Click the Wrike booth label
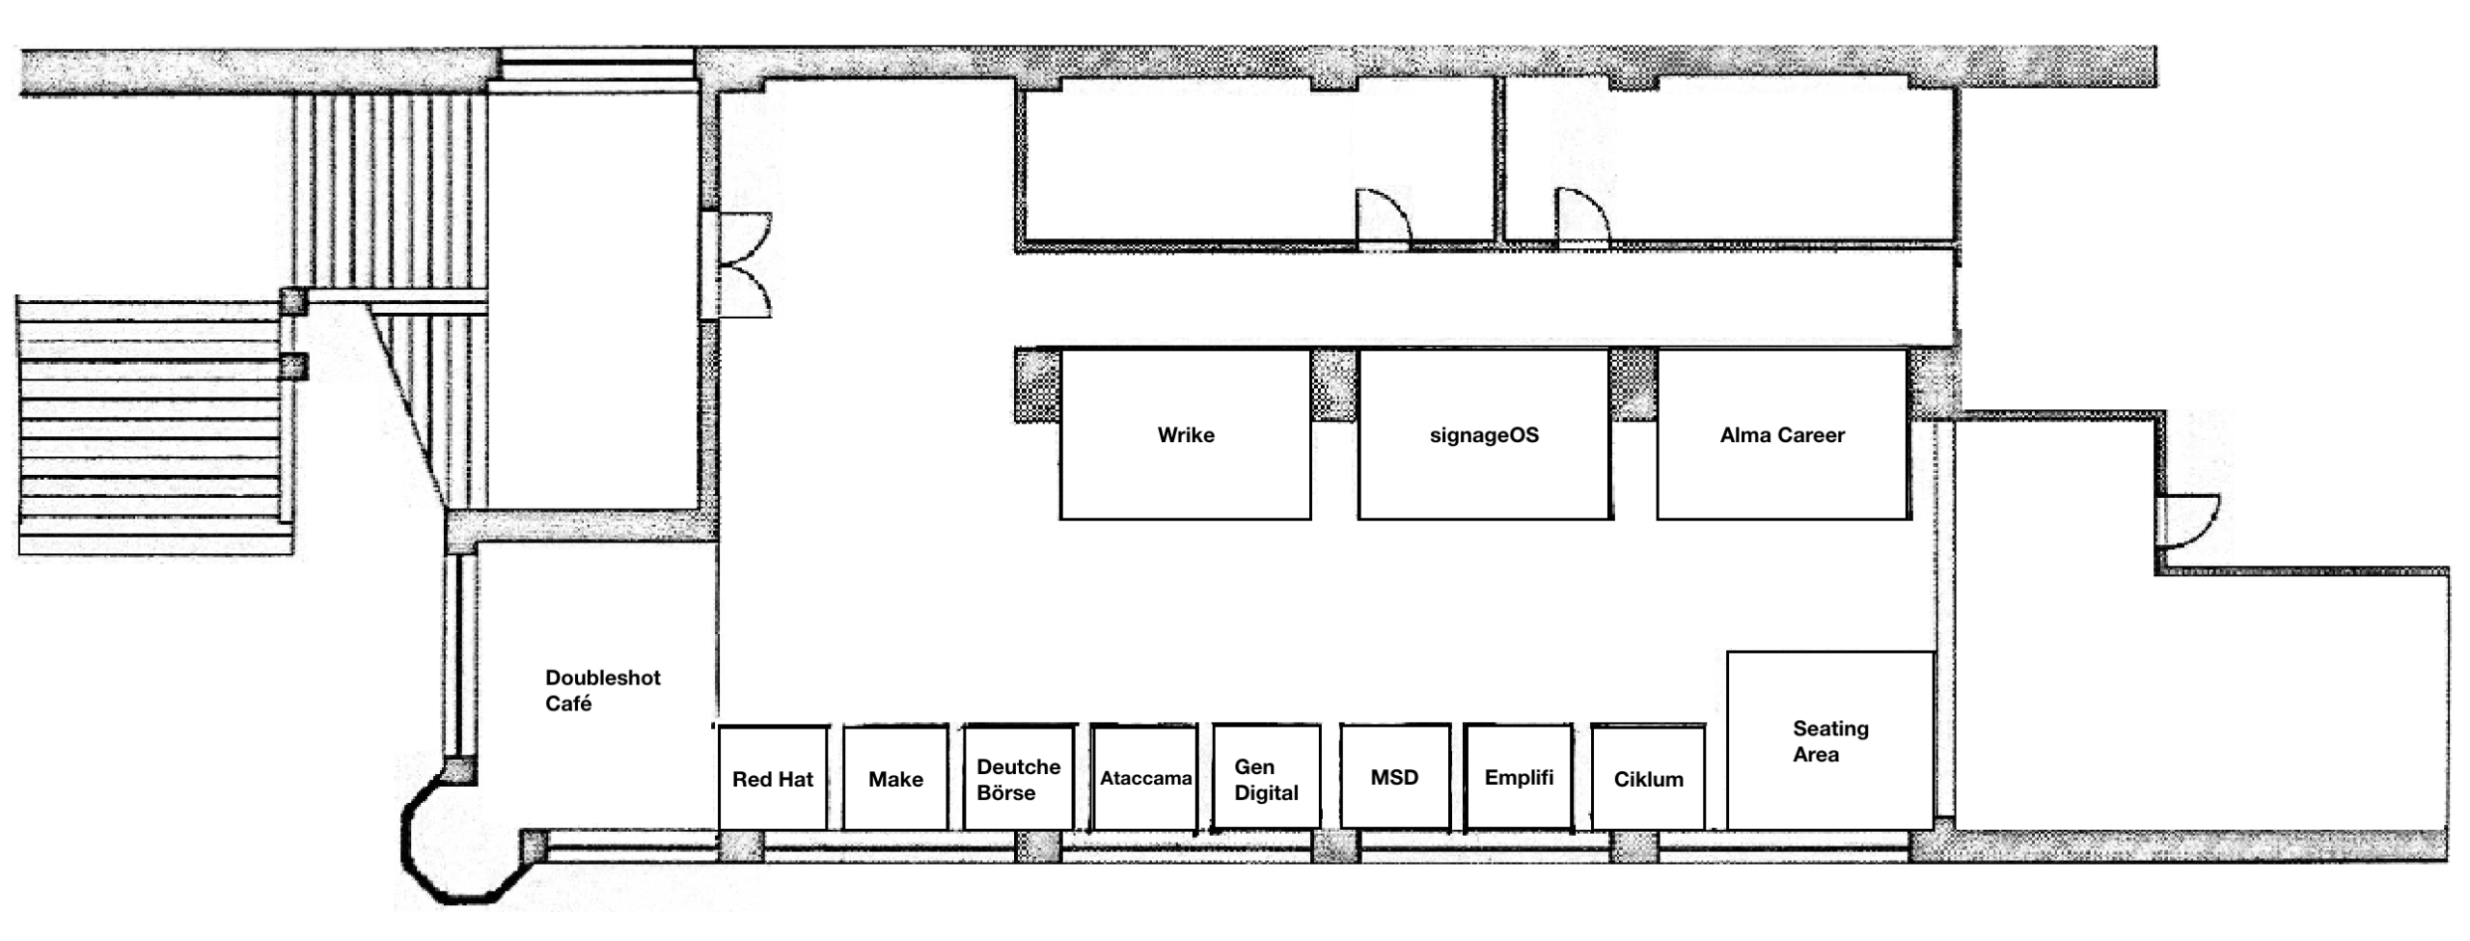tap(1186, 435)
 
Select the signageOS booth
tap(1485, 434)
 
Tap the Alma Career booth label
tap(1782, 435)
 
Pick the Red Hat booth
tap(773, 777)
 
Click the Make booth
tap(895, 777)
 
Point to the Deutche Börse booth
tap(1019, 777)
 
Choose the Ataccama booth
tap(1145, 777)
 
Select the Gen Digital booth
tap(1267, 777)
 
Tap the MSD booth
tap(1395, 777)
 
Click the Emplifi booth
tap(1519, 777)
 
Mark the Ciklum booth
tap(1648, 777)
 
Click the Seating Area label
tap(1830, 741)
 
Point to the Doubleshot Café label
tap(603, 690)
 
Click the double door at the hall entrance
tap(744, 265)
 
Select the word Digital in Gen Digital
tap(1266, 793)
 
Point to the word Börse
tap(1006, 792)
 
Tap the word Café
tap(568, 704)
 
